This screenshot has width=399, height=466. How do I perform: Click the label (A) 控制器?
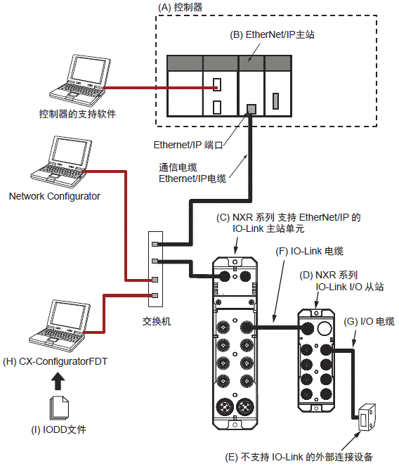coord(185,6)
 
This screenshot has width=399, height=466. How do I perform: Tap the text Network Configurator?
coord(55,196)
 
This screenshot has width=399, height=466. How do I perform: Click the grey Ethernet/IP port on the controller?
coord(251,108)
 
